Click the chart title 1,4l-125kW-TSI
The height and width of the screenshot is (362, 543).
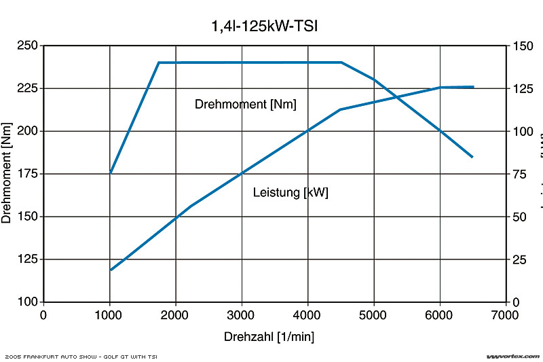pos(265,27)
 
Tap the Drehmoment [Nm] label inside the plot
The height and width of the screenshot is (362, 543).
pos(246,104)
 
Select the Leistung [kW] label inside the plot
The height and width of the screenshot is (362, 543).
pos(291,192)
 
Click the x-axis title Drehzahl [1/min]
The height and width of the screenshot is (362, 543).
pos(269,336)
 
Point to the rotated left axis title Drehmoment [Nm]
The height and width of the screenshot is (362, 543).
pos(7,173)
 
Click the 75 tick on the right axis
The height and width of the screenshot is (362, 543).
pos(520,174)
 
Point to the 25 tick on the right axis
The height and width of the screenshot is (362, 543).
pos(520,259)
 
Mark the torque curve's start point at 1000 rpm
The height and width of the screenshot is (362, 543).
pos(110,173)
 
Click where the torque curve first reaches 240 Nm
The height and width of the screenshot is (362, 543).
pos(159,62)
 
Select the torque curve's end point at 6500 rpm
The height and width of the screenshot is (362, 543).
pos(472,157)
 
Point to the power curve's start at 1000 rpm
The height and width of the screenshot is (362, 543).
pos(110,270)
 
